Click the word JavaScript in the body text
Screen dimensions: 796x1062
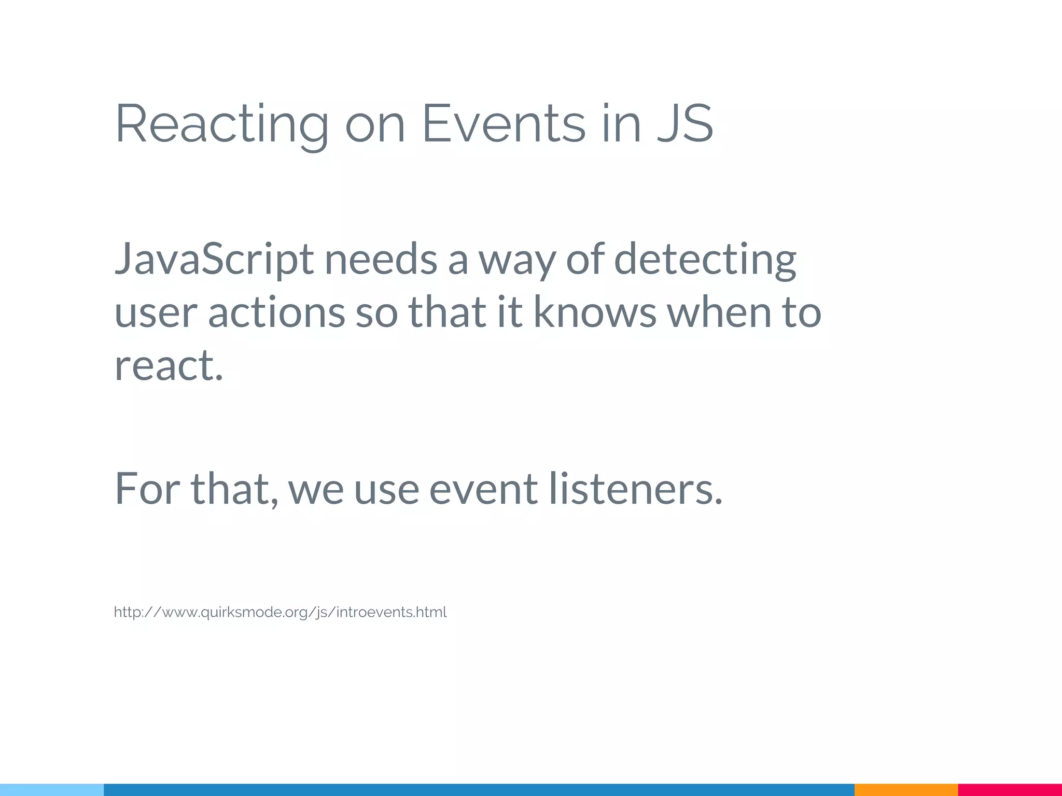pyautogui.click(x=214, y=259)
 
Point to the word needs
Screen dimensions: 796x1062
pyautogui.click(x=380, y=259)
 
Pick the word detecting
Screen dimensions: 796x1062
pyautogui.click(x=705, y=259)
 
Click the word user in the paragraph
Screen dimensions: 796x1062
pyautogui.click(x=156, y=313)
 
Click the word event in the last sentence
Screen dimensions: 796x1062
pyautogui.click(x=483, y=489)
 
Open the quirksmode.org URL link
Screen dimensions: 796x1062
pyautogui.click(x=280, y=613)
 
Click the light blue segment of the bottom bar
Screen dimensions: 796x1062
pyautogui.click(x=52, y=790)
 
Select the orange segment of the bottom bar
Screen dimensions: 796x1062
pyautogui.click(x=906, y=790)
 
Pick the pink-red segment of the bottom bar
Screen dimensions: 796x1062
pyautogui.click(x=1010, y=790)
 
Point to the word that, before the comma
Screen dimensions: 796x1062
pyautogui.click(x=233, y=488)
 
